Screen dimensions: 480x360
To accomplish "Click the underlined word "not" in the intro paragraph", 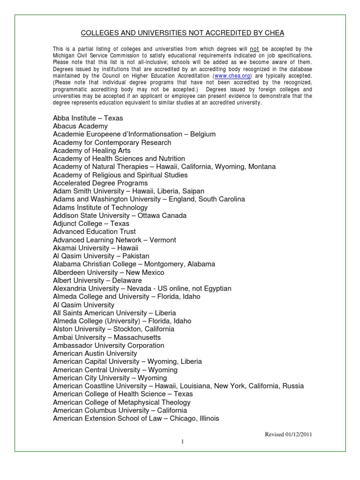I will [255, 49].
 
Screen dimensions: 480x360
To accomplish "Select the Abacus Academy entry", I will [80, 126].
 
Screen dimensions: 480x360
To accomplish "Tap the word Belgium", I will [203, 134].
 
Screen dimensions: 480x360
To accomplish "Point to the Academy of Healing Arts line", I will [91, 150].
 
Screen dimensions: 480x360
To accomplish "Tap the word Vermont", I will [163, 240].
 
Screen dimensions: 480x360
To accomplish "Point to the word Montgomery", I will [165, 264].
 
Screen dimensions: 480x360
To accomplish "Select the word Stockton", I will [127, 329].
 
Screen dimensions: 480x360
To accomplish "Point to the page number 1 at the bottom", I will [180, 442].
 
